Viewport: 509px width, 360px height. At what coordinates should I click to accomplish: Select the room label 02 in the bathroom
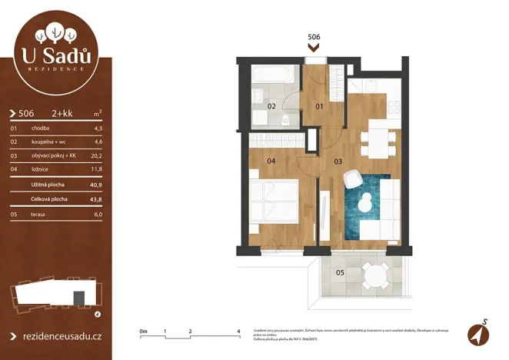[271, 107]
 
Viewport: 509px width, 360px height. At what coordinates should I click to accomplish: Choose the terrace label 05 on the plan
[339, 272]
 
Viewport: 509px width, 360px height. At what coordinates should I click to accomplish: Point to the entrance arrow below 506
[313, 47]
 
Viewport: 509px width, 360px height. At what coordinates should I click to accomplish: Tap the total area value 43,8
[96, 199]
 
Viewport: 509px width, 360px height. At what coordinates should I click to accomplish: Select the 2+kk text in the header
[62, 112]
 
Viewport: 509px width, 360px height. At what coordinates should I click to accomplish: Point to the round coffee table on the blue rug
[366, 202]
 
